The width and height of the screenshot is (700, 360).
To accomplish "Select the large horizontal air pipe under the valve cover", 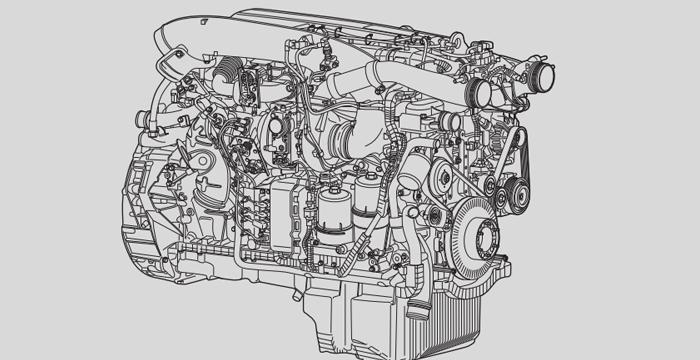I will tap(390, 75).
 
